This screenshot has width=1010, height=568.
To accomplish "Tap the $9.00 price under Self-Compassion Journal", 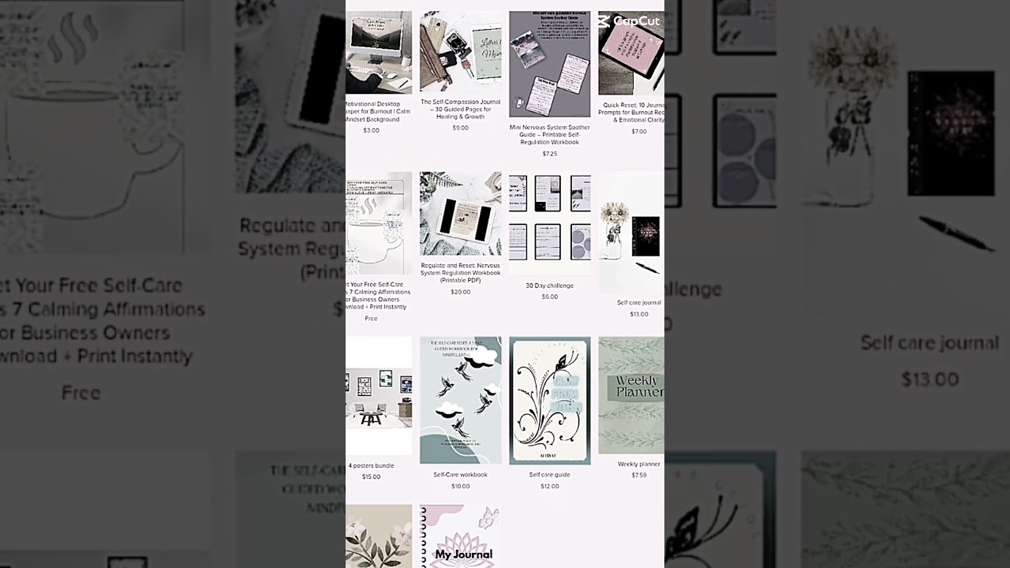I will [460, 128].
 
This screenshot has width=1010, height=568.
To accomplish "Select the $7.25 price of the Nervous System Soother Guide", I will [549, 154].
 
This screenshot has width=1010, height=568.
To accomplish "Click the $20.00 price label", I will [460, 292].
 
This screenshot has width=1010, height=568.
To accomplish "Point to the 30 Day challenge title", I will [549, 286].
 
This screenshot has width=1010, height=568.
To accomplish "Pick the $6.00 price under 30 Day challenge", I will [549, 297].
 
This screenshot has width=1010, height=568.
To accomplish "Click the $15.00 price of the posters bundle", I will [371, 476].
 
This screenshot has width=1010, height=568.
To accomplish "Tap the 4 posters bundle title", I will [371, 465].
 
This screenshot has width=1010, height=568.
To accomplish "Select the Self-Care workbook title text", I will [460, 475].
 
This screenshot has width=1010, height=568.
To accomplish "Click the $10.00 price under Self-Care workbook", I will [460, 486].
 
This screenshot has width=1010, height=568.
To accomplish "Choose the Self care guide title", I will [549, 475].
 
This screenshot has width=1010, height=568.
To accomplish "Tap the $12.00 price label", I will [549, 486].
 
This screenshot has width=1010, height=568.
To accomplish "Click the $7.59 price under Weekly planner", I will [638, 475].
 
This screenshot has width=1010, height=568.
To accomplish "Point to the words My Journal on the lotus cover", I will [463, 554].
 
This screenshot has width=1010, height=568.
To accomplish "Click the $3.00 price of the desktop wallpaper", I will [371, 130].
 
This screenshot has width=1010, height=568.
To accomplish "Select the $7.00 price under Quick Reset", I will [638, 132].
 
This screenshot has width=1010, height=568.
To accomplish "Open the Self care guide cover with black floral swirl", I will [549, 401].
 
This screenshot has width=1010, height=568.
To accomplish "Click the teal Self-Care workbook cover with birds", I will [460, 401].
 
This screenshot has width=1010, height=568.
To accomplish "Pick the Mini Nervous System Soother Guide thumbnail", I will [549, 64].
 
